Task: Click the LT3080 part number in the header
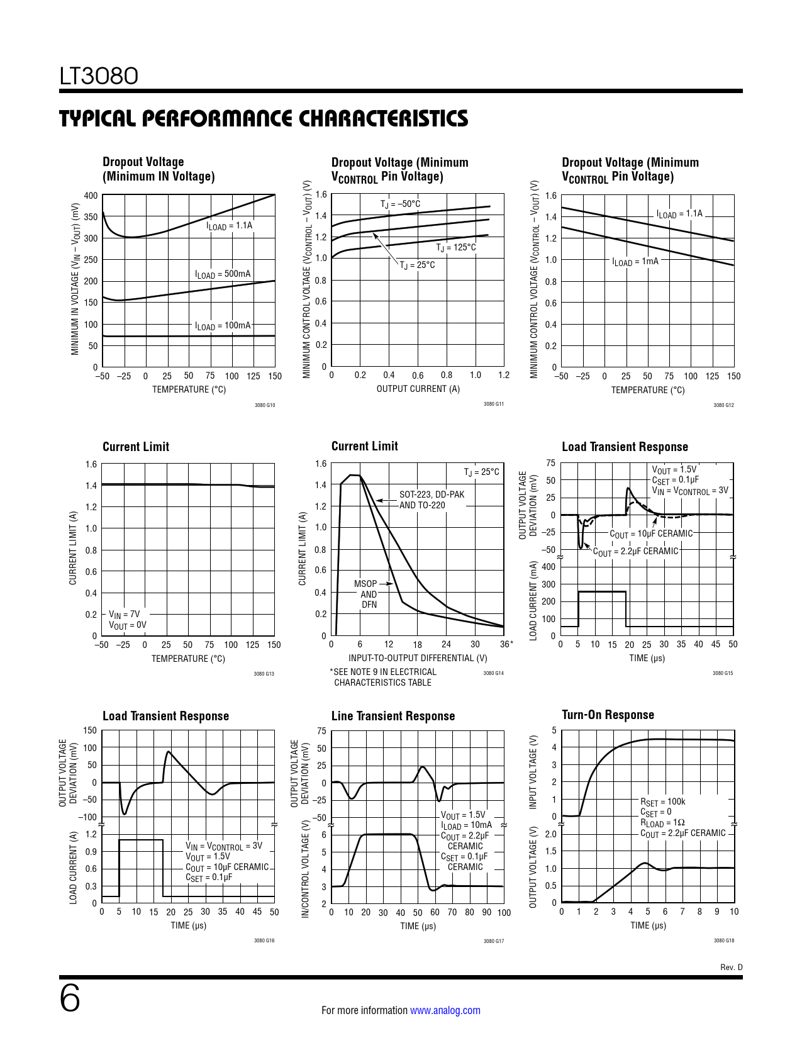tap(99, 76)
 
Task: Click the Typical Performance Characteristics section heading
tap(264, 118)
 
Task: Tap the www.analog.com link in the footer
tap(445, 1010)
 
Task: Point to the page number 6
tap(70, 998)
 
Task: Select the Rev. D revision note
tap(731, 967)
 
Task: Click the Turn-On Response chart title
tap(608, 715)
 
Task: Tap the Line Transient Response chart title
tap(393, 716)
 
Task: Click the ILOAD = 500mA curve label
tap(223, 274)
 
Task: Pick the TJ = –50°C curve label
tap(400, 204)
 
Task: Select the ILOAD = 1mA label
tap(635, 261)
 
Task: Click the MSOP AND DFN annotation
tap(368, 594)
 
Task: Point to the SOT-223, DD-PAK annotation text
tap(432, 494)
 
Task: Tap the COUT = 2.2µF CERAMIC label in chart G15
tap(636, 552)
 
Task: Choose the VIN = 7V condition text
tap(125, 615)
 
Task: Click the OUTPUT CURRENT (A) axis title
tap(418, 389)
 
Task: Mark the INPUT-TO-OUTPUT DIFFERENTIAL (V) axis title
tap(418, 658)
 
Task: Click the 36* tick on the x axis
tap(506, 644)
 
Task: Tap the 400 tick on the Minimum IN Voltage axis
tap(91, 196)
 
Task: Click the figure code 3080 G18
tap(723, 940)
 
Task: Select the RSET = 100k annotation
tap(662, 802)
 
